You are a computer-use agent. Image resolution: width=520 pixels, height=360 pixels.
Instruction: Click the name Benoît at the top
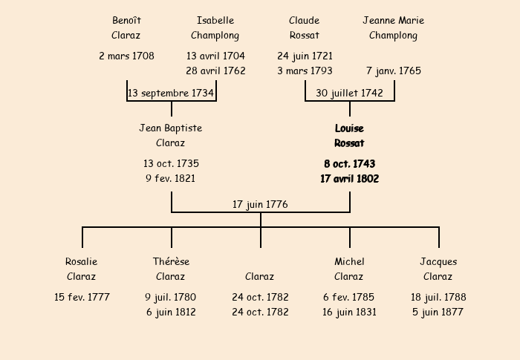126,21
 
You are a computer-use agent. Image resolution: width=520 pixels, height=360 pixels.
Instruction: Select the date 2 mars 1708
126,56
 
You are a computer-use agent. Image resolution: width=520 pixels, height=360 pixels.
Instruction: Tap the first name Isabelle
215,21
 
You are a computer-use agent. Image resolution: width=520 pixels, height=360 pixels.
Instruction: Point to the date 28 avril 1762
215,71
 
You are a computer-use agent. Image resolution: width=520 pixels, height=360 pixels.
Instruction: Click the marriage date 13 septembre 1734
171,94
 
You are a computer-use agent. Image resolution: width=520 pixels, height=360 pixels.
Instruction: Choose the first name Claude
305,21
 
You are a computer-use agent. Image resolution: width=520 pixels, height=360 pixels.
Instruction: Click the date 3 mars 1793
305,71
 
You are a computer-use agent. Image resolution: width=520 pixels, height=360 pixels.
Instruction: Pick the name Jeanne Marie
394,21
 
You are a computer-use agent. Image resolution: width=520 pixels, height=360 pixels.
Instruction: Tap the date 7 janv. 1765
394,71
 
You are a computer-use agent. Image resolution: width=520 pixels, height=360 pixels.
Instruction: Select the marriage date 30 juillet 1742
349,94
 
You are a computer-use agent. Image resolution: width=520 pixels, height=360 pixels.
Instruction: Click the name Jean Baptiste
171,128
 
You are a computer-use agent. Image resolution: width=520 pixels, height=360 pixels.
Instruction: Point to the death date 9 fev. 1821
171,179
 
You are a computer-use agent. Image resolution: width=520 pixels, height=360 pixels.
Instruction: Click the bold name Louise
349,128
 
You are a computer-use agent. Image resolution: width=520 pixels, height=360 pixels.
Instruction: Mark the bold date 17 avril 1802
349,179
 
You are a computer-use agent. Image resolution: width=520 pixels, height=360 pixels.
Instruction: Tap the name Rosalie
82,262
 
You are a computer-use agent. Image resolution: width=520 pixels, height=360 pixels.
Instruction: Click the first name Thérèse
171,262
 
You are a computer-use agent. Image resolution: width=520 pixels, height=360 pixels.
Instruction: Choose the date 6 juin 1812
171,312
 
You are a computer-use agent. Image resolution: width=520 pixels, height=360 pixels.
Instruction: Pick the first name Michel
349,262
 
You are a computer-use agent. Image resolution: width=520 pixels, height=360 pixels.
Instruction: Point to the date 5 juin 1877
438,312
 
